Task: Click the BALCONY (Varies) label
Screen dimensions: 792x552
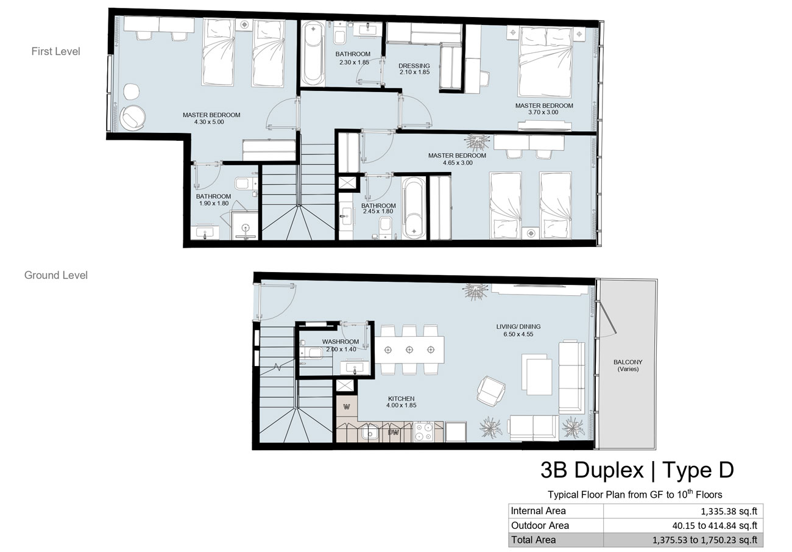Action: click(x=628, y=365)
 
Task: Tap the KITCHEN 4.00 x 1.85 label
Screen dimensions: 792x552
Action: click(x=401, y=402)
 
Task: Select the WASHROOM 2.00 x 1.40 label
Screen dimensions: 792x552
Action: click(x=341, y=345)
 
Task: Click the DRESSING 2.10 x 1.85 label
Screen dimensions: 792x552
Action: click(x=414, y=69)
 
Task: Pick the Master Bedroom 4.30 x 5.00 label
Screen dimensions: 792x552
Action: click(x=211, y=118)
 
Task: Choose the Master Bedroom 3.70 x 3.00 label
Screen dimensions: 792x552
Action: click(x=544, y=109)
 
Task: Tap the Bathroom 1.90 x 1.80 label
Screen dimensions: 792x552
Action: click(x=214, y=199)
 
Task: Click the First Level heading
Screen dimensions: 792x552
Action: click(x=56, y=51)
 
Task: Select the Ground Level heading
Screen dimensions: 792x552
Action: click(x=56, y=275)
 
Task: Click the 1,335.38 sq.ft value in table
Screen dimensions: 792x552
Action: click(x=729, y=511)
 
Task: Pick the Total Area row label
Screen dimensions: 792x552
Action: click(x=533, y=540)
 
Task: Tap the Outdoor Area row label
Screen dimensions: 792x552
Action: click(x=540, y=525)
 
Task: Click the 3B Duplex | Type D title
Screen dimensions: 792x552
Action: click(x=637, y=470)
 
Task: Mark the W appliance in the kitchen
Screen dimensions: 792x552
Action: click(x=347, y=407)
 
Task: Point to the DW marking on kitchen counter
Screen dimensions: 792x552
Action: click(x=393, y=432)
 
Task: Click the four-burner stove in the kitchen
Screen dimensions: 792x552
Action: click(x=423, y=432)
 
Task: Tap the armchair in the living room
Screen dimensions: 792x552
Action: click(x=491, y=391)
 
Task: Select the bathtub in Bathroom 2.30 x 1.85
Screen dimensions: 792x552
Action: click(x=313, y=52)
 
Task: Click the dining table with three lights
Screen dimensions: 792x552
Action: click(x=409, y=350)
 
